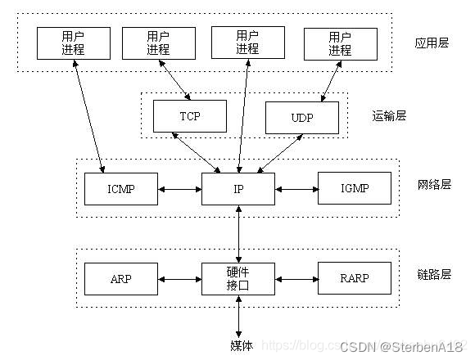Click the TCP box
(x=189, y=117)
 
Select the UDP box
(x=301, y=118)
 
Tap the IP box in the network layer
(x=237, y=189)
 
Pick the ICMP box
(x=120, y=189)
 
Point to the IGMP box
(x=354, y=189)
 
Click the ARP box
(x=120, y=278)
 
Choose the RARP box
(x=354, y=278)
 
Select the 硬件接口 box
(x=237, y=278)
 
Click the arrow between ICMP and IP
(x=179, y=189)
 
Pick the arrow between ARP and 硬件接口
(x=179, y=278)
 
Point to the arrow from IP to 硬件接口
(x=238, y=234)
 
